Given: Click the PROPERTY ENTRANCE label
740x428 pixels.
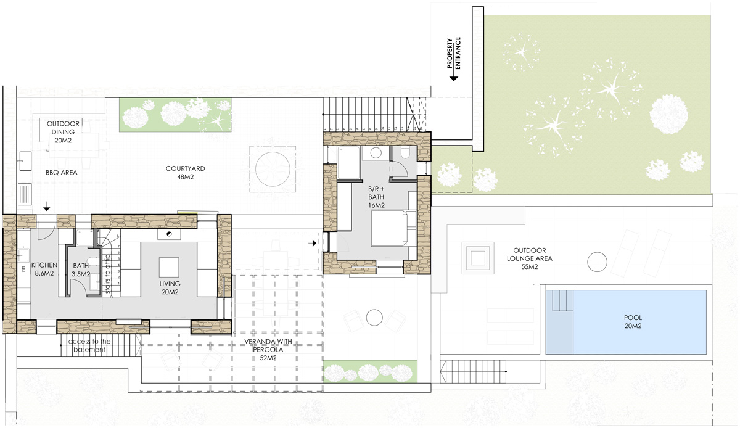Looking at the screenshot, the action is click(x=454, y=53).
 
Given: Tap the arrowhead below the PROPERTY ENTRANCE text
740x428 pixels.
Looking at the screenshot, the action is click(x=454, y=78).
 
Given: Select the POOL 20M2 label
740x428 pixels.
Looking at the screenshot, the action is click(x=633, y=322).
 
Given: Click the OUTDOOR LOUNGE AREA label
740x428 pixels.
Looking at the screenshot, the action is click(x=530, y=258).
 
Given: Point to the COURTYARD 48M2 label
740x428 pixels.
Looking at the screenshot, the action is click(x=186, y=173).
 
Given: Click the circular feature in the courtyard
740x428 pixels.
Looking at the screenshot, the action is click(x=273, y=169).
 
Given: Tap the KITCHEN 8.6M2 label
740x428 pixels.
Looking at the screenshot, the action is click(x=44, y=269).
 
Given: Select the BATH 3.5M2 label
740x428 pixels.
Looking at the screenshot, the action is click(x=81, y=270).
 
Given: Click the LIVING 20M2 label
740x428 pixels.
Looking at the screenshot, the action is click(x=170, y=287).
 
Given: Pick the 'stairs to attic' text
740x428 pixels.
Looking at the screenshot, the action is click(x=107, y=274).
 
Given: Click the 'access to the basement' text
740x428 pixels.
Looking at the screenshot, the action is click(x=89, y=345).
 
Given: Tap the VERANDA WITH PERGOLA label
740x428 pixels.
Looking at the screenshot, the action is click(x=268, y=349).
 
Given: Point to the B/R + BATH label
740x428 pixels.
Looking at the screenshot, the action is click(x=376, y=197).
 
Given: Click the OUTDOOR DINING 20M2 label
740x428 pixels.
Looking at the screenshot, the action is click(x=63, y=132).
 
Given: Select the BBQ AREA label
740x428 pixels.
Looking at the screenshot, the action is click(x=62, y=173).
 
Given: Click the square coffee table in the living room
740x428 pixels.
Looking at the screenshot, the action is click(x=169, y=268).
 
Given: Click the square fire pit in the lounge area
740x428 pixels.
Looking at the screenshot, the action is click(x=478, y=258).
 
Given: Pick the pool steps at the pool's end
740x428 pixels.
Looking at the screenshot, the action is click(x=560, y=300).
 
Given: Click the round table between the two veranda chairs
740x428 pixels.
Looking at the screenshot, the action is click(x=374, y=318).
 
